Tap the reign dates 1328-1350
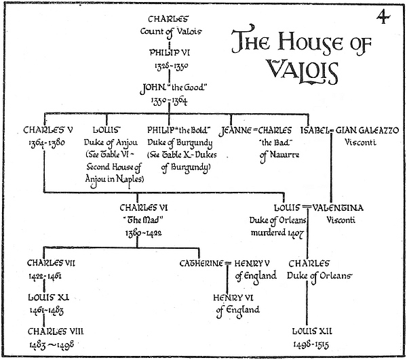(x=170, y=66)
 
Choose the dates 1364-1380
(x=45, y=142)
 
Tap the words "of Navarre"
(x=277, y=155)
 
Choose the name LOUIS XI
(x=47, y=297)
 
